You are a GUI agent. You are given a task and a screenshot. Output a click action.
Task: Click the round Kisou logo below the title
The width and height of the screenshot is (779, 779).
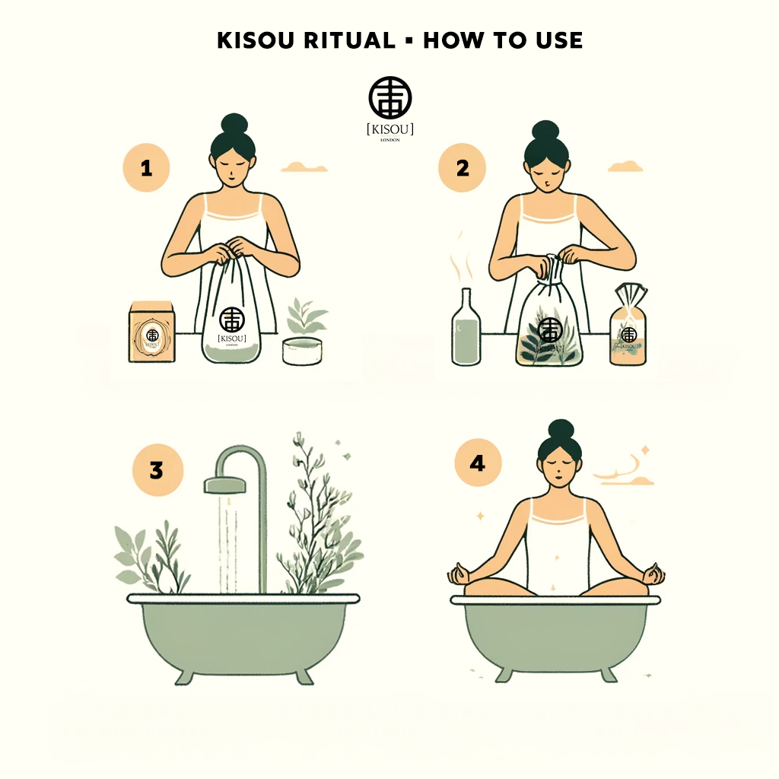(x=390, y=97)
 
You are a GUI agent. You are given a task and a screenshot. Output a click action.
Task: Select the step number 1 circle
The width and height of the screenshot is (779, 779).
(x=146, y=168)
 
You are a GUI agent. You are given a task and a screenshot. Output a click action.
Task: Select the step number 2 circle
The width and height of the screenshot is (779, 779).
(x=462, y=168)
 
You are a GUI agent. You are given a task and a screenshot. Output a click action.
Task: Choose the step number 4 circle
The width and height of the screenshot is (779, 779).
(x=477, y=463)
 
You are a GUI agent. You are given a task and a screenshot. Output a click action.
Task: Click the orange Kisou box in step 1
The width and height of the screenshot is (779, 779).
(x=152, y=332)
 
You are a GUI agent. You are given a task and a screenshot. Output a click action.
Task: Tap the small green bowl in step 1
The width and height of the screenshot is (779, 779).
(x=303, y=351)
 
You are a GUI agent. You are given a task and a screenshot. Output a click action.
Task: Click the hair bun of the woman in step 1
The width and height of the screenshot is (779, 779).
(x=234, y=125)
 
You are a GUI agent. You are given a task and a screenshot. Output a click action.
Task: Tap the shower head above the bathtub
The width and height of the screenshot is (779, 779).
(x=223, y=484)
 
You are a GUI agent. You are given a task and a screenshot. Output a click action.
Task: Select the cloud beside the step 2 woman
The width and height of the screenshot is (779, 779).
(x=625, y=166)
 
